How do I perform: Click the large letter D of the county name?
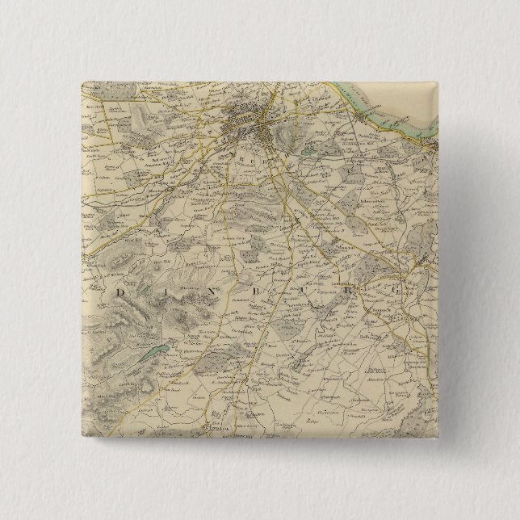pyautogui.click(x=122, y=291)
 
